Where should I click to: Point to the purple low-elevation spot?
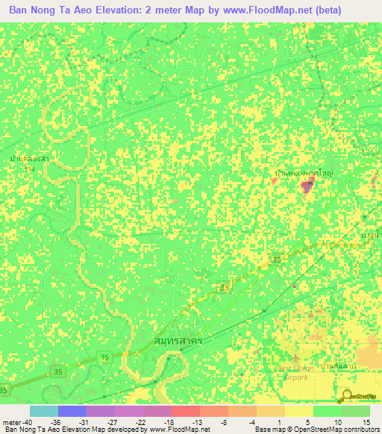coord(307,187)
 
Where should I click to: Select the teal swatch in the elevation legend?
coord(43,411)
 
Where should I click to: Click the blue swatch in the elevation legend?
coord(72,411)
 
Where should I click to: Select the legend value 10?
coord(336,422)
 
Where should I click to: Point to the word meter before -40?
coord(12,422)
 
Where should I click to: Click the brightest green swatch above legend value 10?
coord(327,411)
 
